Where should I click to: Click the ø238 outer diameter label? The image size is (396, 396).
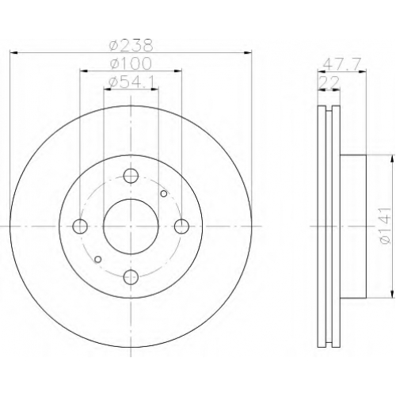click(x=131, y=45)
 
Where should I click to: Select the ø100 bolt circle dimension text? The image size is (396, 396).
click(x=131, y=63)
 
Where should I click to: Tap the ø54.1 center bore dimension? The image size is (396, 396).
click(x=131, y=82)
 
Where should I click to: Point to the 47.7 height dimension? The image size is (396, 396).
click(x=342, y=64)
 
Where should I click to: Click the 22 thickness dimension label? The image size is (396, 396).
click(x=329, y=82)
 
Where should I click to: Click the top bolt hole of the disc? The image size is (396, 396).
click(x=131, y=176)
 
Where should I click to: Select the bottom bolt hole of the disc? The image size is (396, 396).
click(x=131, y=277)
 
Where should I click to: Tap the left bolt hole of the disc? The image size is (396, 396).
click(x=80, y=227)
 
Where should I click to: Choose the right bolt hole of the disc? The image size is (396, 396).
click(x=182, y=227)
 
